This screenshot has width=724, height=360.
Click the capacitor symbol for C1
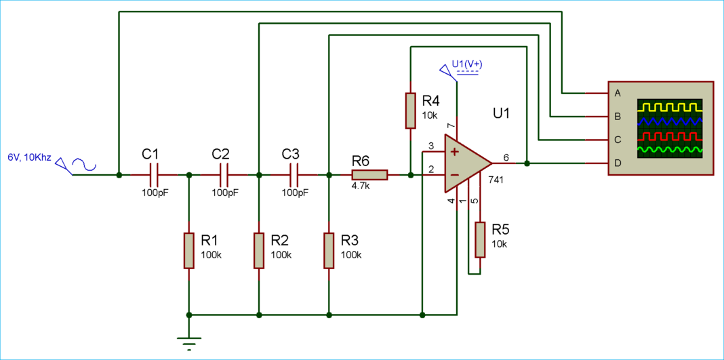(x=153, y=175)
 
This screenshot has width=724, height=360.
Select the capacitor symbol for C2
(x=224, y=175)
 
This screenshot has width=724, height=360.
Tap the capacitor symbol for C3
(x=294, y=175)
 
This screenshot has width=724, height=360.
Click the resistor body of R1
(x=188, y=249)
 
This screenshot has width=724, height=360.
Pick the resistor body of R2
(x=259, y=249)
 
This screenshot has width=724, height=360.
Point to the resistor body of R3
(x=329, y=249)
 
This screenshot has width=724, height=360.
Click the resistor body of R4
(x=410, y=111)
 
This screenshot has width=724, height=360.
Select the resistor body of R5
(x=480, y=239)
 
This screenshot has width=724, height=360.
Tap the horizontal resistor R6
(x=369, y=175)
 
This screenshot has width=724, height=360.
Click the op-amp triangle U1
(x=465, y=163)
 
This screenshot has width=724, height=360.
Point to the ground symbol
(x=188, y=342)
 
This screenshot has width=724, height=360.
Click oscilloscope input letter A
(x=617, y=92)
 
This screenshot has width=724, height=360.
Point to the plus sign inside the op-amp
(x=454, y=151)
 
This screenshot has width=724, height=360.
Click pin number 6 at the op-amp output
(x=506, y=157)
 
